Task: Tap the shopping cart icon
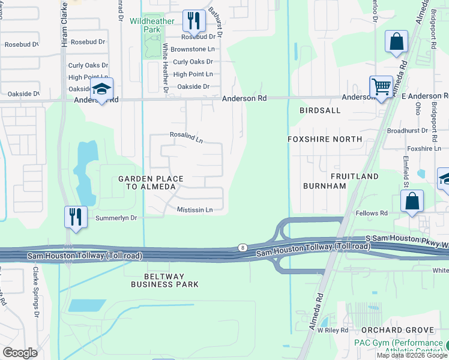[381, 88]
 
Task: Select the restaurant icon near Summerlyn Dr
[76, 217]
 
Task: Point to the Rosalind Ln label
[186, 137]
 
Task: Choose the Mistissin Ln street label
[194, 209]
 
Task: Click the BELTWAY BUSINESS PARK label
[164, 280]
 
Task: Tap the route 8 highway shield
[242, 247]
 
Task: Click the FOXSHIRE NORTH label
[325, 139]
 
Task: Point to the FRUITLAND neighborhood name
[354, 176]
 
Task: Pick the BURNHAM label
[325, 186]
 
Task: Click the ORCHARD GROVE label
[397, 330]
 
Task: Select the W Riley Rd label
[333, 330]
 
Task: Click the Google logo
[20, 352]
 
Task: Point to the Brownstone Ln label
[192, 49]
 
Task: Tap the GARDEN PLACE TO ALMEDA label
[147, 182]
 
